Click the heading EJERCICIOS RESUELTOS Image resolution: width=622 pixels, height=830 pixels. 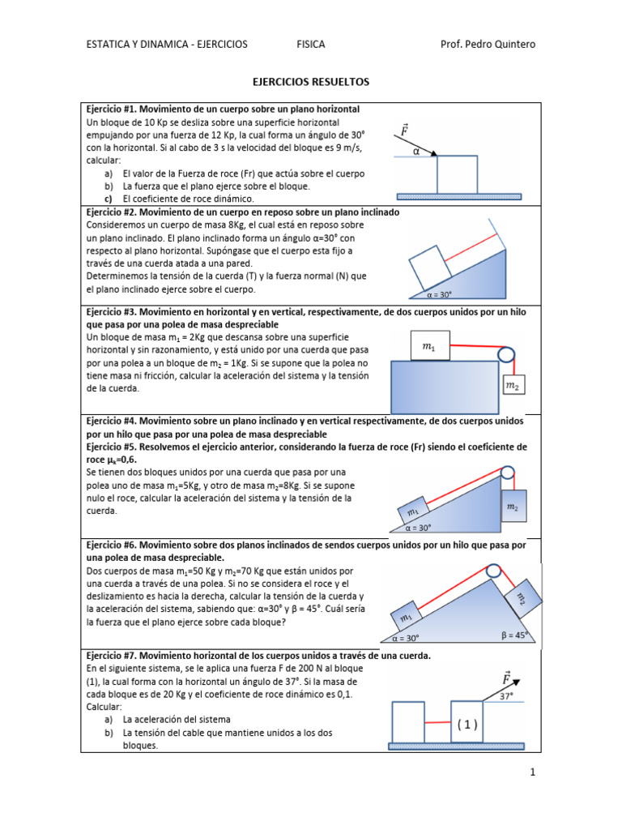click(x=311, y=82)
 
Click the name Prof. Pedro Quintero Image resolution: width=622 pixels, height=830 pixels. click(x=488, y=44)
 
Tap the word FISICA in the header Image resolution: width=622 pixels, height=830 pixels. click(x=311, y=44)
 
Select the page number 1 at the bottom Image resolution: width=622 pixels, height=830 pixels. click(x=533, y=773)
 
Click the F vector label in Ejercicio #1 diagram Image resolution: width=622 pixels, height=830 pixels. click(x=403, y=130)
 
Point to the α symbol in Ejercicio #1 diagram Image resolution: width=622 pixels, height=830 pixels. click(x=417, y=150)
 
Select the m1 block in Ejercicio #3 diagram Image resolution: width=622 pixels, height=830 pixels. click(x=429, y=347)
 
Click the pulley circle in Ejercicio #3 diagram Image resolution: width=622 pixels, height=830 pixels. click(x=506, y=354)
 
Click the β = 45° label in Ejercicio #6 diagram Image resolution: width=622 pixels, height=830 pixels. click(x=514, y=635)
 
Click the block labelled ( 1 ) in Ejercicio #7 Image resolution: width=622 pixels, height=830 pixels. click(x=467, y=725)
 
